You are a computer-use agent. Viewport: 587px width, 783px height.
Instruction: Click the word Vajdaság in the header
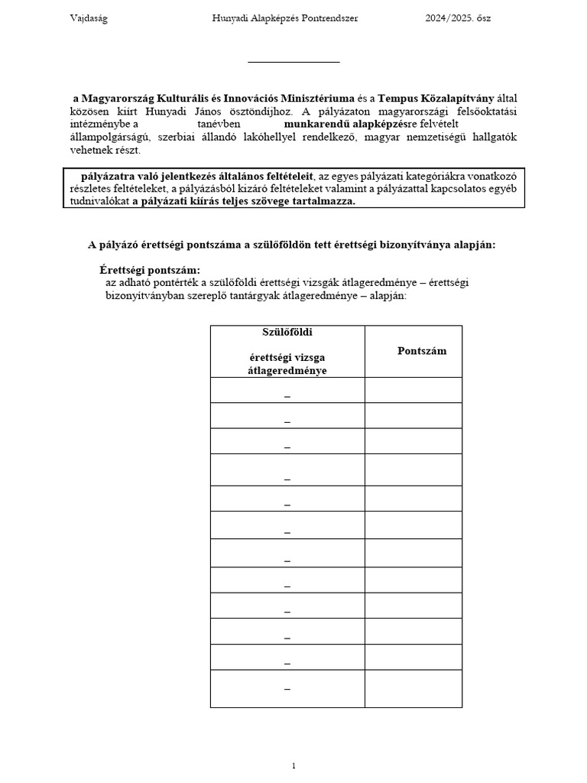89,18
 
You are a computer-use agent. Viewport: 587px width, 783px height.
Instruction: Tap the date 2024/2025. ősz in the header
459,18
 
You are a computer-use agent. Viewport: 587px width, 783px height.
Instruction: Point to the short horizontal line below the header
293,62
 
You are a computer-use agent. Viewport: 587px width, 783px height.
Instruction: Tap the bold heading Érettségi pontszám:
150,270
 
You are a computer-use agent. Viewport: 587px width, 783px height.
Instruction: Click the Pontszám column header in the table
422,350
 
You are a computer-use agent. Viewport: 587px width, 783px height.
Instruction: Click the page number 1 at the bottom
293,765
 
